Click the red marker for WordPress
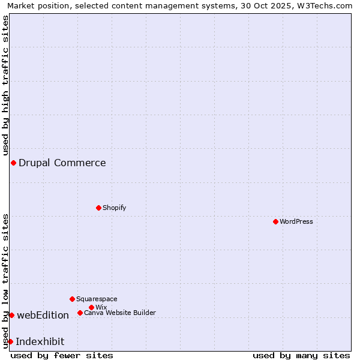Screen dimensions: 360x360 coord(275,221)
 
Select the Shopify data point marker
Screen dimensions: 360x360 coord(98,208)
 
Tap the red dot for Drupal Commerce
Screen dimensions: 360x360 coord(13,163)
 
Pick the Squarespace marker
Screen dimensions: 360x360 coord(72,299)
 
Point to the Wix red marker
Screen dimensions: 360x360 coord(91,307)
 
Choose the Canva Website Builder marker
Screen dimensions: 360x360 coord(80,313)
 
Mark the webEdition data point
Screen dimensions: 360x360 coord(11,315)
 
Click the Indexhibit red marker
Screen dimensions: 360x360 coord(10,341)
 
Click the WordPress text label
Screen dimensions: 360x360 coord(296,221)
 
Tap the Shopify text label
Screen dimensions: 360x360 coord(114,208)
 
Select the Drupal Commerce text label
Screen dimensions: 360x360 coord(62,163)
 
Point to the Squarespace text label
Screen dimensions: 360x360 coord(97,299)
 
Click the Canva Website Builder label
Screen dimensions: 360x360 coord(120,313)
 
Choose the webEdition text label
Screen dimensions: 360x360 coord(43,315)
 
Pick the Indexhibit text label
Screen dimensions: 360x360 coord(40,341)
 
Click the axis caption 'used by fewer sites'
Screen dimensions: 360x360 coord(62,355)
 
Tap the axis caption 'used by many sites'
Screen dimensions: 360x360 coord(301,355)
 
